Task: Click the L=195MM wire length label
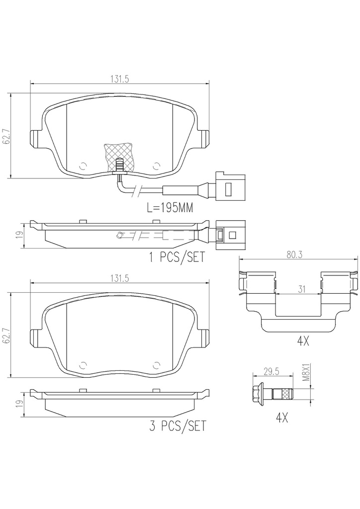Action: coord(170,208)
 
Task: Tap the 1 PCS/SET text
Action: coord(177,257)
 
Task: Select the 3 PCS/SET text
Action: coord(178,426)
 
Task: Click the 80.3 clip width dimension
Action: coord(294,255)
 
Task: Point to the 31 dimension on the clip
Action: coord(302,289)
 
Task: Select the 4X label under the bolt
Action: coord(282,418)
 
